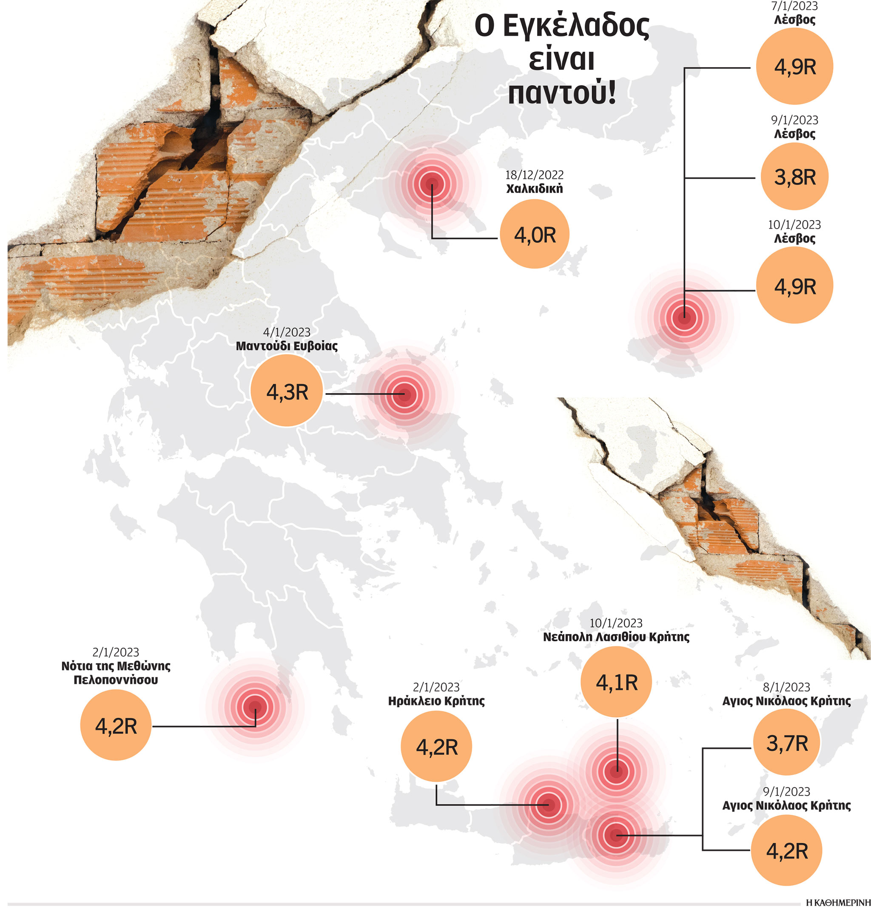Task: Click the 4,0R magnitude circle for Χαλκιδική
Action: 535,234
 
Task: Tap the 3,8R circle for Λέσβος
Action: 794,177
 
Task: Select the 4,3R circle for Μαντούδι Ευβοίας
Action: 287,391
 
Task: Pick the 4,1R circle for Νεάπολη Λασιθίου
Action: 616,683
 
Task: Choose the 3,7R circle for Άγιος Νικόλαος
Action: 786,743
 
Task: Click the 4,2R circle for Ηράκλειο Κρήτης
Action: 436,747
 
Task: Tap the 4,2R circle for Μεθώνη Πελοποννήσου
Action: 116,725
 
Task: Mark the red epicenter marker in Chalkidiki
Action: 432,184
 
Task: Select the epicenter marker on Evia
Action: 405,395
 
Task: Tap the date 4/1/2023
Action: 287,332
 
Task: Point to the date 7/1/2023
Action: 794,6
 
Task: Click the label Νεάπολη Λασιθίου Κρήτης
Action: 616,637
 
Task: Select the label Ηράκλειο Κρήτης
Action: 436,701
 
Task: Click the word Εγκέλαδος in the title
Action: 576,27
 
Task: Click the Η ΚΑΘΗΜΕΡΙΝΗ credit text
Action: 838,902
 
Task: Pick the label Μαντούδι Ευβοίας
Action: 287,346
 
